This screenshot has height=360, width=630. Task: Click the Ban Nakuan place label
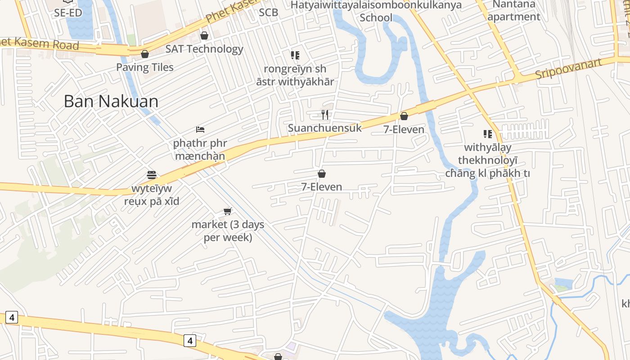pyautogui.click(x=111, y=101)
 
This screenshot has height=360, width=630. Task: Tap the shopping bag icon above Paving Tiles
pyautogui.click(x=145, y=54)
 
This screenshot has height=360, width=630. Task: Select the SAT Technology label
pyautogui.click(x=204, y=49)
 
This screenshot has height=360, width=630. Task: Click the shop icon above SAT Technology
pyautogui.click(x=204, y=36)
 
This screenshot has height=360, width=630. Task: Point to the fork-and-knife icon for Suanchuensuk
pyautogui.click(x=325, y=115)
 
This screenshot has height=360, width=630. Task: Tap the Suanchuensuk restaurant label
pyautogui.click(x=325, y=128)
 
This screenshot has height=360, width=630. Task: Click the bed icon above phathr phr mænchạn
pyautogui.click(x=200, y=130)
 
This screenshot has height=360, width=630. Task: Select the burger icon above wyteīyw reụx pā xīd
pyautogui.click(x=152, y=175)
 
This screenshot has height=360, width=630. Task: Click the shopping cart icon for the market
pyautogui.click(x=228, y=211)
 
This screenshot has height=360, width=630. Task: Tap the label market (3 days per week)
pyautogui.click(x=228, y=230)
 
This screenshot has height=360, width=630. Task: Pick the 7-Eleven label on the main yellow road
pyautogui.click(x=404, y=130)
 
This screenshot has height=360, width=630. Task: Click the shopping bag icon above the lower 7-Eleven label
pyautogui.click(x=322, y=174)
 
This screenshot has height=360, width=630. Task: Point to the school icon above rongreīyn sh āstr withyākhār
pyautogui.click(x=295, y=55)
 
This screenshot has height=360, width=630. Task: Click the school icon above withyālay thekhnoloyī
pyautogui.click(x=487, y=134)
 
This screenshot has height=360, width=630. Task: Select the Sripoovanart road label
pyautogui.click(x=568, y=69)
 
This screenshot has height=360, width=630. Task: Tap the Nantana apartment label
pyautogui.click(x=514, y=11)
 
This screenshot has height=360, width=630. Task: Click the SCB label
pyautogui.click(x=268, y=13)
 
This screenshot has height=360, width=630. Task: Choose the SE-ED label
pyautogui.click(x=68, y=13)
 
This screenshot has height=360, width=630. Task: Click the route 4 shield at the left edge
pyautogui.click(x=12, y=318)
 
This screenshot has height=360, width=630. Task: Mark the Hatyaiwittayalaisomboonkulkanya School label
pyautogui.click(x=376, y=11)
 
